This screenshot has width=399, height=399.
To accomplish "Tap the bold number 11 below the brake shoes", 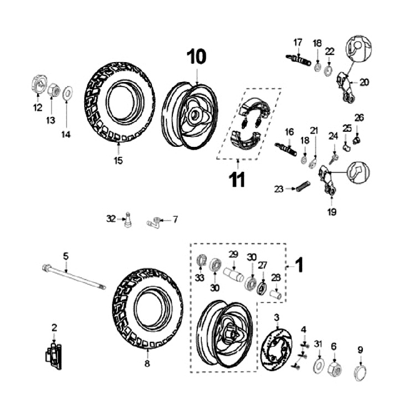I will coord(237,180).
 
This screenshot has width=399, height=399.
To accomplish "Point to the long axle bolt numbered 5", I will coord(72,277).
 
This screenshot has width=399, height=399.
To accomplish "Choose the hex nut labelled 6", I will coord(334,367).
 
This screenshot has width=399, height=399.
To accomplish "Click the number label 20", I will coord(364,82).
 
